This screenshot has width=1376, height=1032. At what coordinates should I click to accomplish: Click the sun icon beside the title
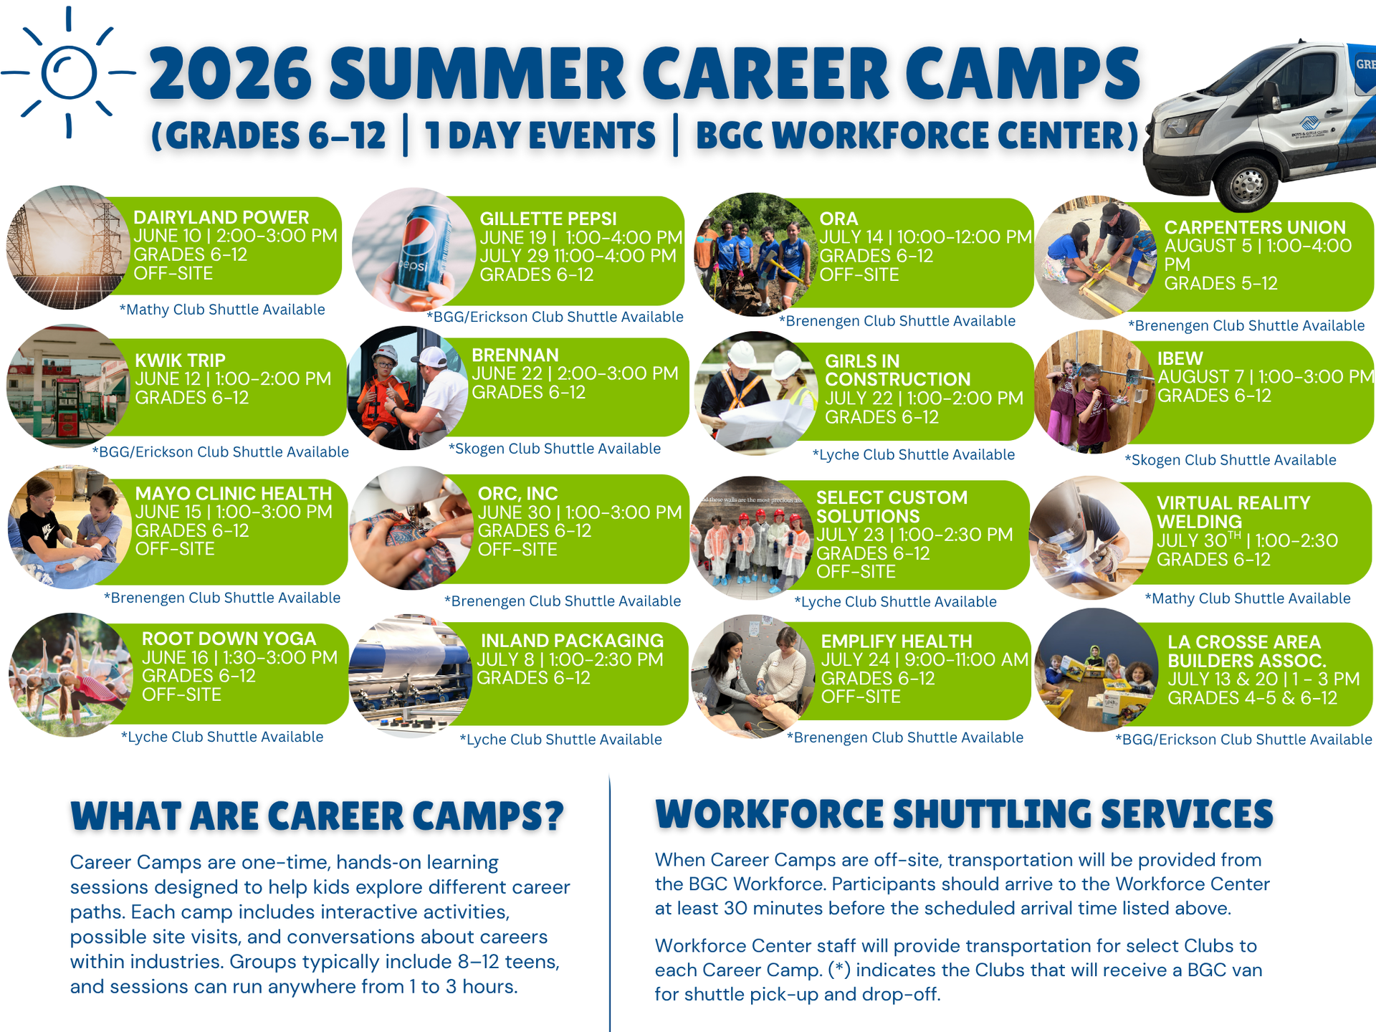pos(69,72)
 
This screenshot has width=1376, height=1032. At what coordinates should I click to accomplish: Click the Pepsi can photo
pos(414,249)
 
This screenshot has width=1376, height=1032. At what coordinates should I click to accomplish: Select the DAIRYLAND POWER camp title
pos(221,217)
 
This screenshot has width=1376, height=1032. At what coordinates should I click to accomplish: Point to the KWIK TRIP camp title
pos(180,360)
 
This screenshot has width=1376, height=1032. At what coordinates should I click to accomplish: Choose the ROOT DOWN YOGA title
pos(229,639)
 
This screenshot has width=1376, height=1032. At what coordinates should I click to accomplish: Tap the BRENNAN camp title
pos(515,355)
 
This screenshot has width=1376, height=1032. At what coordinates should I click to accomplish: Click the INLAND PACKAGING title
pos(572,640)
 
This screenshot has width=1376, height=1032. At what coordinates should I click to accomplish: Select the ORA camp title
pos(838,219)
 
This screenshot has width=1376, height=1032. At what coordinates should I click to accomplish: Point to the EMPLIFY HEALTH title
pos(897,641)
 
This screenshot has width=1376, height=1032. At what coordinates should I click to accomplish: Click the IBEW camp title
pos(1180,358)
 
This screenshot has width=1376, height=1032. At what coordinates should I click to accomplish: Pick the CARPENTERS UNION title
pos(1255,227)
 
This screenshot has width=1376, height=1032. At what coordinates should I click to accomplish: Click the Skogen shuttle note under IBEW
pos(1230,460)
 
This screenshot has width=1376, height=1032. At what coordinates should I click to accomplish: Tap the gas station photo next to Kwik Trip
pos(68,386)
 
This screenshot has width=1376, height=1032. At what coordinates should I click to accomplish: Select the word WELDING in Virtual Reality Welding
pos(1199,522)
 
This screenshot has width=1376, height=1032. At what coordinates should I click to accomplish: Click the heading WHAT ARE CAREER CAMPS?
pos(317,816)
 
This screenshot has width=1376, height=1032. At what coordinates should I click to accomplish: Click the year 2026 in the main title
pos(230,73)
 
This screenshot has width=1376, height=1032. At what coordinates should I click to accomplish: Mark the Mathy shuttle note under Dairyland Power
pos(222,310)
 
